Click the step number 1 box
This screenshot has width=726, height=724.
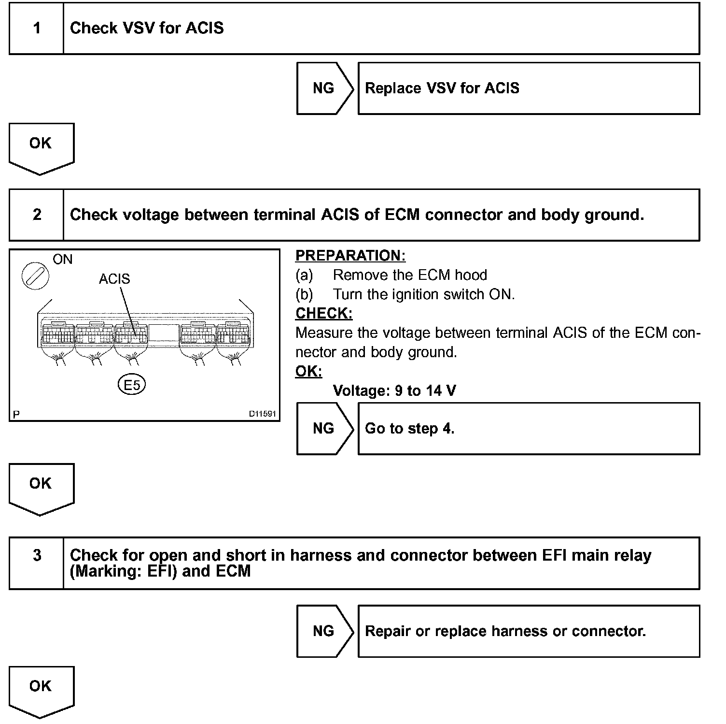pyautogui.click(x=37, y=29)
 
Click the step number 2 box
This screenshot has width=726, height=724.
pyautogui.click(x=37, y=215)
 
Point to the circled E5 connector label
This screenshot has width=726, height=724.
pyautogui.click(x=132, y=385)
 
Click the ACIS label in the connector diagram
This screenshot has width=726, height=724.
pyautogui.click(x=114, y=279)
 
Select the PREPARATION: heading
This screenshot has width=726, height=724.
pyautogui.click(x=350, y=256)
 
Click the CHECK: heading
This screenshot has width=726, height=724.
pyautogui.click(x=324, y=314)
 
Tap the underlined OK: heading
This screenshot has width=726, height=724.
pyautogui.click(x=308, y=372)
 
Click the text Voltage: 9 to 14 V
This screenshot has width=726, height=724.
pyautogui.click(x=394, y=391)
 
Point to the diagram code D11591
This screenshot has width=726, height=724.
pyautogui.click(x=262, y=414)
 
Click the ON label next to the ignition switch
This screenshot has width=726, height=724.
pyautogui.click(x=62, y=260)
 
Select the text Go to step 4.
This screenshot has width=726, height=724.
pyautogui.click(x=409, y=429)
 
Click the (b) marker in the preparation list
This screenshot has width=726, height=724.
pyautogui.click(x=304, y=294)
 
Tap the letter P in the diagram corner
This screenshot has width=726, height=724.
pyautogui.click(x=16, y=415)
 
